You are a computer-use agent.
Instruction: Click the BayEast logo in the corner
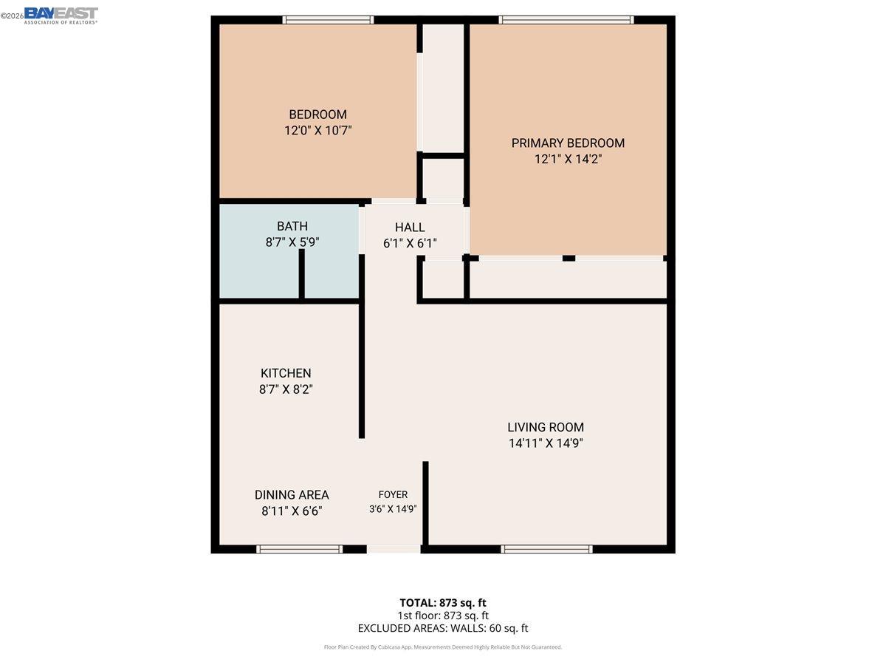click(x=61, y=15)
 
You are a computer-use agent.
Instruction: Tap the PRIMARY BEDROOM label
click(x=568, y=143)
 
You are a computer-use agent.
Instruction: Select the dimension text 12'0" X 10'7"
click(x=317, y=131)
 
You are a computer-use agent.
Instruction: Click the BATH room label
click(x=292, y=226)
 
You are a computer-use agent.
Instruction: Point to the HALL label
click(x=409, y=228)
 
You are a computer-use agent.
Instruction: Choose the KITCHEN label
click(x=286, y=373)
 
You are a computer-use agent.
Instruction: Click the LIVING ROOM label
click(x=546, y=427)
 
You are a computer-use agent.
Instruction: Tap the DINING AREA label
click(x=292, y=495)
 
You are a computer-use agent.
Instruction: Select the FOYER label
click(x=393, y=495)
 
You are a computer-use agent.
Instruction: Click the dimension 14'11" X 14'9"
click(x=546, y=443)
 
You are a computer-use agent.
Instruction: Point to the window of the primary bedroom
click(x=566, y=20)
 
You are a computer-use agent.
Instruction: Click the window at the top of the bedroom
click(x=328, y=20)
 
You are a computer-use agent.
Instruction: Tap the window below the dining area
click(x=299, y=549)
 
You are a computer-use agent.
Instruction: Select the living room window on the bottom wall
click(x=546, y=549)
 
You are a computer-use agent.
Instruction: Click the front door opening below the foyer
click(x=394, y=549)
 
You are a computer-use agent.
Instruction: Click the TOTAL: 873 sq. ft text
click(x=443, y=602)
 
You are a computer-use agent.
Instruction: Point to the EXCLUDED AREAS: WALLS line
click(x=443, y=629)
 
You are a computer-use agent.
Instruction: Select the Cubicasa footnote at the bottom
click(x=443, y=647)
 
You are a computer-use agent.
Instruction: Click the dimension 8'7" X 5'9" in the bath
click(x=292, y=242)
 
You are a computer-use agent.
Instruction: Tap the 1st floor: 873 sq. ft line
click(x=443, y=615)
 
